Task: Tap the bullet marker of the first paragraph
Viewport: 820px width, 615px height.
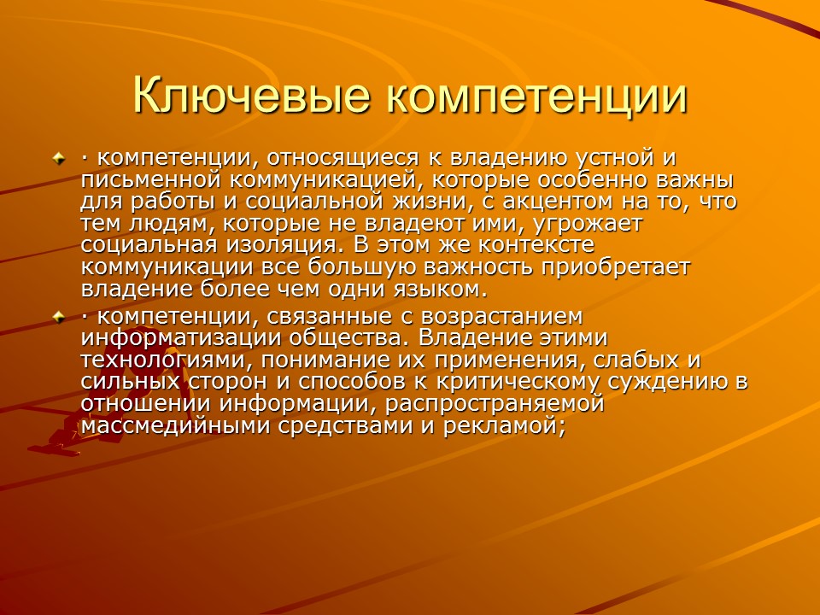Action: click(59, 158)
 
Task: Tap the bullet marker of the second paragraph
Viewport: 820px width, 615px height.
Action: click(59, 318)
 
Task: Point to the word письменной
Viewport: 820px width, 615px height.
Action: click(156, 181)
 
